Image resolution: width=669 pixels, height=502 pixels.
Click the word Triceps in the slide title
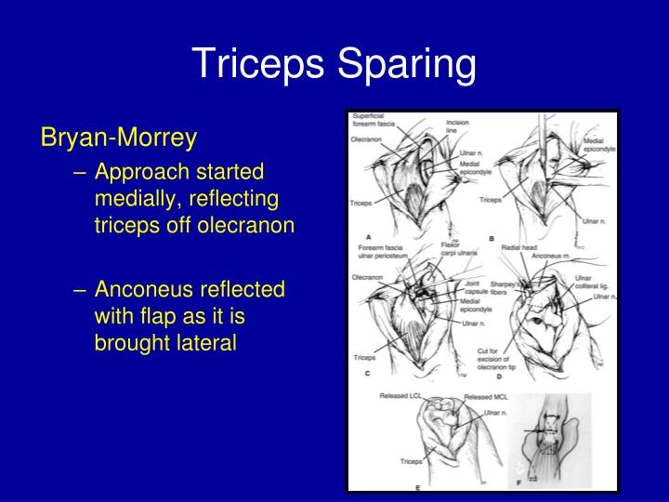tap(259, 64)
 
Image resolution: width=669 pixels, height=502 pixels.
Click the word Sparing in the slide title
tap(404, 64)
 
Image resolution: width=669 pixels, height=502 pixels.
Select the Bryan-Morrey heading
tap(118, 139)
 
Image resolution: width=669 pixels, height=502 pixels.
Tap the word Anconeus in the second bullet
tap(140, 289)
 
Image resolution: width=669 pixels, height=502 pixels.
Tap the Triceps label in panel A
tap(361, 202)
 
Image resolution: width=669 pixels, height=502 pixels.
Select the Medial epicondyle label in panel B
tap(595, 145)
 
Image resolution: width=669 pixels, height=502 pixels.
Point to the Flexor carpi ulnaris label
tap(451, 248)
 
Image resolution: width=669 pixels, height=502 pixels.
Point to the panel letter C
tap(369, 375)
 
